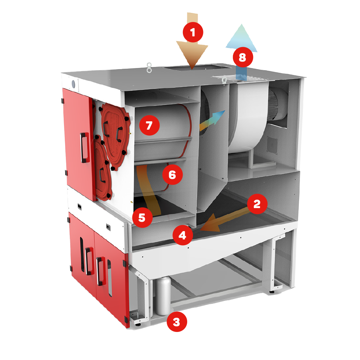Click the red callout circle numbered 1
click(x=193, y=33)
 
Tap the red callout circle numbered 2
click(x=257, y=204)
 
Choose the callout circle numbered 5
click(x=141, y=218)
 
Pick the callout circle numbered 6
click(x=172, y=175)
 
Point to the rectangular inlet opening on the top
click(x=192, y=67)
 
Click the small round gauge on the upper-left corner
click(x=73, y=84)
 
